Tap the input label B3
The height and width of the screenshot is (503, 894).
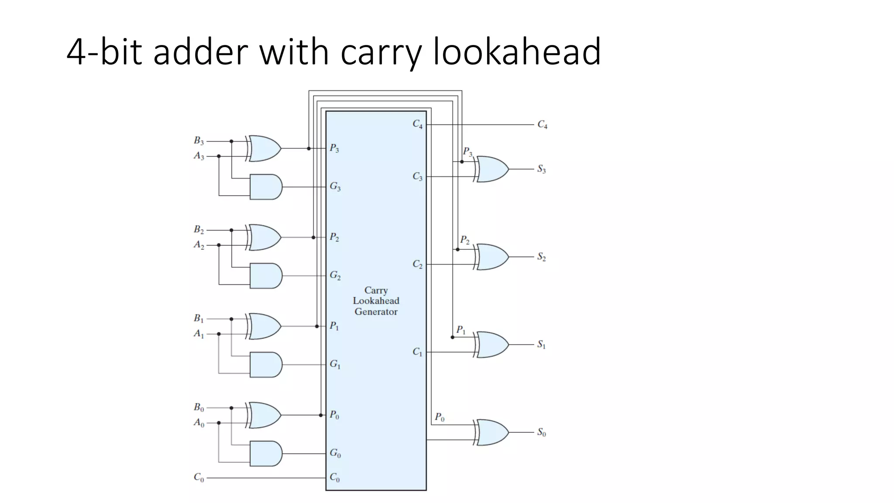coord(199,141)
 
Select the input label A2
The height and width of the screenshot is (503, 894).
coord(199,245)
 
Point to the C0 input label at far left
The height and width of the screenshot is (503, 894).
coord(199,478)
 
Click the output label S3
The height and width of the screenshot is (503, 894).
coord(541,169)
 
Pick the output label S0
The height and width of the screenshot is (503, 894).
coord(541,432)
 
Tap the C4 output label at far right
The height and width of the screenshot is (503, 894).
coord(542,125)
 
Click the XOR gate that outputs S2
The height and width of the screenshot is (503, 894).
coord(492,257)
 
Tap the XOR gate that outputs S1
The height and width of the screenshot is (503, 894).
coord(492,345)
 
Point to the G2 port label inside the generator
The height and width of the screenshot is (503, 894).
coord(335,276)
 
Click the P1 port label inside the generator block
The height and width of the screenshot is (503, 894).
coord(334,326)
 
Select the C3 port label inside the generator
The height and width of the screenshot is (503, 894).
coord(417,176)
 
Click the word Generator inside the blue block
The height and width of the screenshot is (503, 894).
coord(376,312)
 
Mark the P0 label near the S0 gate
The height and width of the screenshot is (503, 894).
coord(439,417)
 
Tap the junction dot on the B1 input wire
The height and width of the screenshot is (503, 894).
coord(231,319)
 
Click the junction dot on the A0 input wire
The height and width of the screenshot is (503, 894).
coord(219,423)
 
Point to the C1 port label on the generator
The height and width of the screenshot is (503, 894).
coord(417,352)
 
